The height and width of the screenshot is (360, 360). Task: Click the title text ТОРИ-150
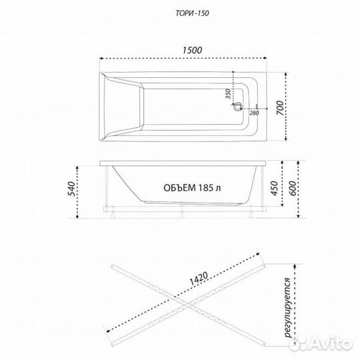tap(193, 13)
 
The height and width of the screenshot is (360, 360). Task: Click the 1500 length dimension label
tap(193, 50)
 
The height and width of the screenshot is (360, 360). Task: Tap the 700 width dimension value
tap(280, 108)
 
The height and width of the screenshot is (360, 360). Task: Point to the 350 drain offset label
tap(228, 94)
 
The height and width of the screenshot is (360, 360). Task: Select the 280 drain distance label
tap(254, 113)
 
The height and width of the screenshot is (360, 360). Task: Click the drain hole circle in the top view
tap(237, 106)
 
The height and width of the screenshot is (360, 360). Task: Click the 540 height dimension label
tap(71, 189)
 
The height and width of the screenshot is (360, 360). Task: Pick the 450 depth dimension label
tap(274, 188)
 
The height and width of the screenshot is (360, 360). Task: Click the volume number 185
tap(206, 188)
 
